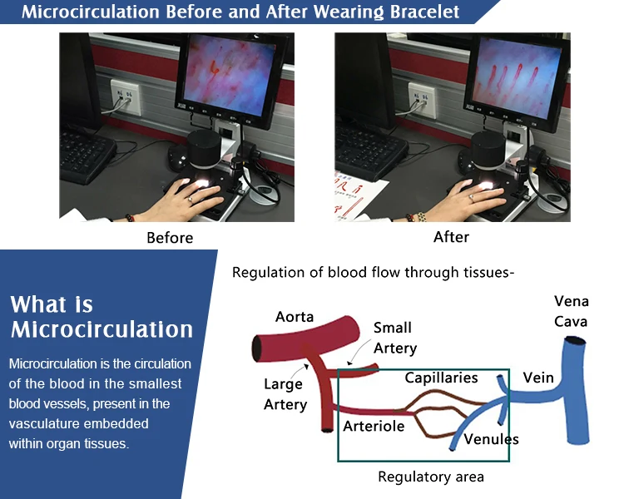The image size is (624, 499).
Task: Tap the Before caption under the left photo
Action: point(170,238)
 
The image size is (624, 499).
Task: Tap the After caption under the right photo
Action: point(451,237)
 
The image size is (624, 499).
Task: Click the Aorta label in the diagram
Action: point(295,317)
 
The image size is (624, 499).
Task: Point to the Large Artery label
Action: point(285,394)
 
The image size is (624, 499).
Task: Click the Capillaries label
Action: point(441,378)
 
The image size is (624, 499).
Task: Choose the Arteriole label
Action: point(374,426)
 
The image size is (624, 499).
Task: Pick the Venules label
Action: point(491,439)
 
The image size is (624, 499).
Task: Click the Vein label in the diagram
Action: point(537,378)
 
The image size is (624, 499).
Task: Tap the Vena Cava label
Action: point(571,311)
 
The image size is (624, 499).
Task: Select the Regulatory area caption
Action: point(430,477)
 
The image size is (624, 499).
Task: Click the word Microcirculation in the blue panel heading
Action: point(102,329)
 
